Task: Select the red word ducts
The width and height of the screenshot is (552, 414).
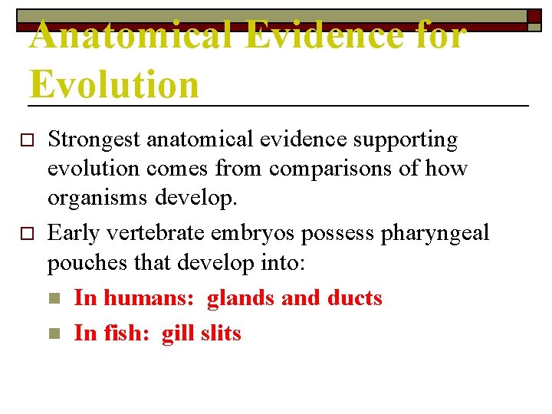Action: [x=354, y=298]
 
